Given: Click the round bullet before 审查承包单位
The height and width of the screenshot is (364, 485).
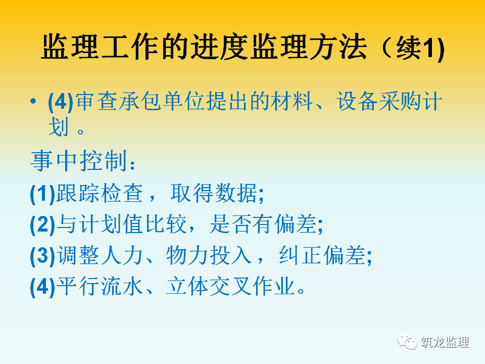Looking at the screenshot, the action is click(x=33, y=101).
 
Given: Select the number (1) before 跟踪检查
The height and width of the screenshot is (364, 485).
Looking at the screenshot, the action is click(x=42, y=194).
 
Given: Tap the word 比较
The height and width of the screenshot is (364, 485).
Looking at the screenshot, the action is click(x=166, y=224).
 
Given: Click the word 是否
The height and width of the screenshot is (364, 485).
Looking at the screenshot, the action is click(x=231, y=224).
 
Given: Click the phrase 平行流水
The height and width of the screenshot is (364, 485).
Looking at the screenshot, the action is click(x=100, y=286).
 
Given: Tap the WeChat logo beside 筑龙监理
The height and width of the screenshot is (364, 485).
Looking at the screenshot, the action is click(x=407, y=342).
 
